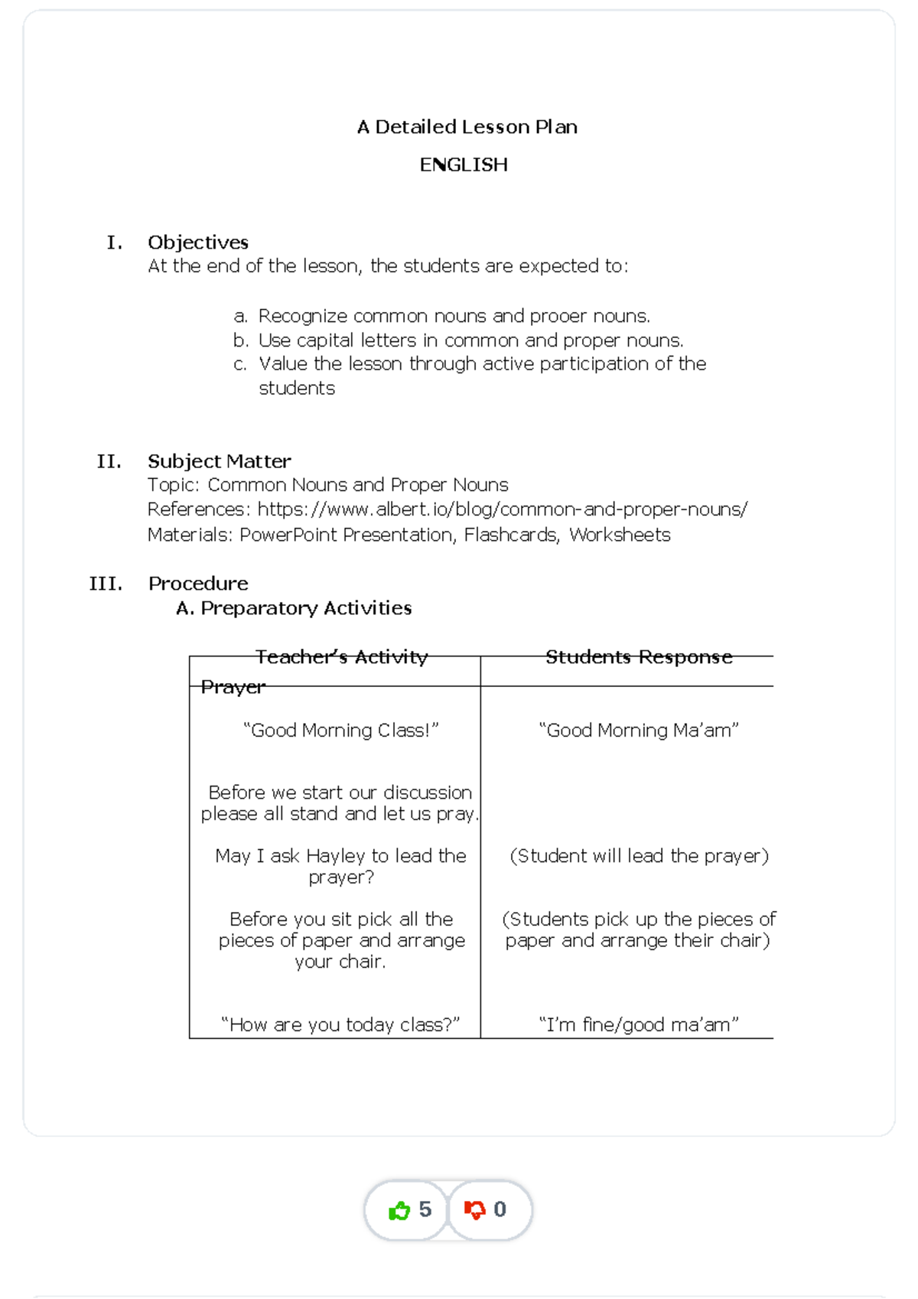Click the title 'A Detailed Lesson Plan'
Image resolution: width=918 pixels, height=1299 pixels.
(467, 127)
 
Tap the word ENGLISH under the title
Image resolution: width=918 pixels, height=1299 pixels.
(464, 165)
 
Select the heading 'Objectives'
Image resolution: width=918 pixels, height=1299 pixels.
(198, 243)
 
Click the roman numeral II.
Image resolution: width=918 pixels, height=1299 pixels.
(109, 461)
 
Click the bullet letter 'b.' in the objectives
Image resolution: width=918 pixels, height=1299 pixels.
(241, 340)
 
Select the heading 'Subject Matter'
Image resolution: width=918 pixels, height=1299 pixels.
(219, 461)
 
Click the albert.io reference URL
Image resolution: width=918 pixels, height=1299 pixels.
(502, 510)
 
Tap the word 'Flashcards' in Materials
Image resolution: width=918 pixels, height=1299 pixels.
(510, 535)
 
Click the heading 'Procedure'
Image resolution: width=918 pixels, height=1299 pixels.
(198, 584)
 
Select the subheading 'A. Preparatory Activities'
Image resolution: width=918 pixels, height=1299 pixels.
(294, 608)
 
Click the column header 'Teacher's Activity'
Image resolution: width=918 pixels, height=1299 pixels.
(341, 657)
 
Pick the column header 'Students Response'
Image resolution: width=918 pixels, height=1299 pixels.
(639, 657)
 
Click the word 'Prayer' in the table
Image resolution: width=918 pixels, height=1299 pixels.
(233, 687)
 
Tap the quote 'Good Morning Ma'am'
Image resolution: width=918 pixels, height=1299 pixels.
(639, 731)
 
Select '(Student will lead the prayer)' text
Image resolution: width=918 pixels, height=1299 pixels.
(639, 856)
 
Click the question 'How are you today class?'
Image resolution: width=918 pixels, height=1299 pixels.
(340, 1025)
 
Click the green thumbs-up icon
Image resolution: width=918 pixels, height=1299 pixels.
(399, 1210)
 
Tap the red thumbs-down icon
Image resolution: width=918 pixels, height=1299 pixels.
(475, 1210)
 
